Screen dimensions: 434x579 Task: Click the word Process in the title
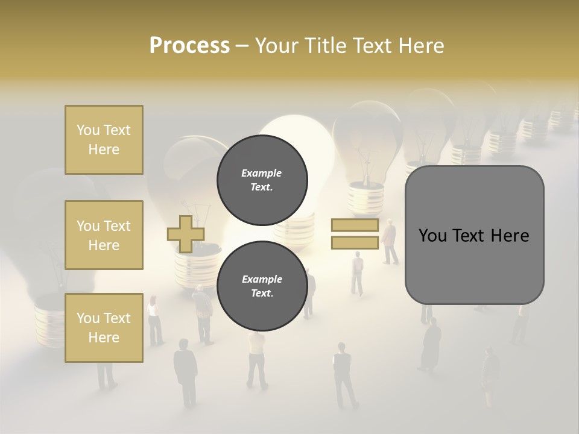pyautogui.click(x=189, y=46)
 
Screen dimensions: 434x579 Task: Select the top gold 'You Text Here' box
pyautogui.click(x=104, y=140)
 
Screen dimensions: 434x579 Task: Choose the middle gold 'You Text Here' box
pyautogui.click(x=104, y=235)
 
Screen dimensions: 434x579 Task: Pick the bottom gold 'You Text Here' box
pyautogui.click(x=104, y=328)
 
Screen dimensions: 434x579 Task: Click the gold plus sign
pyautogui.click(x=185, y=234)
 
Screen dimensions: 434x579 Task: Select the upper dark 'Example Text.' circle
pyautogui.click(x=262, y=180)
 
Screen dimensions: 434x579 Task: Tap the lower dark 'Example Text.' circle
pyautogui.click(x=262, y=286)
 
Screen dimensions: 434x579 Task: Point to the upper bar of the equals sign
pyautogui.click(x=355, y=225)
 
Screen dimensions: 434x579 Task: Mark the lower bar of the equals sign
pyautogui.click(x=355, y=242)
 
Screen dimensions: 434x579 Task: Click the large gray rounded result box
pyautogui.click(x=474, y=235)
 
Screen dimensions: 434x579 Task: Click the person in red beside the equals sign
pyautogui.click(x=390, y=241)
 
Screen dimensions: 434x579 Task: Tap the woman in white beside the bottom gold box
pyautogui.click(x=155, y=319)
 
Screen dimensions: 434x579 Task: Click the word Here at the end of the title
pyautogui.click(x=420, y=46)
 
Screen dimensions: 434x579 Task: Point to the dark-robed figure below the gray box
pyautogui.click(x=431, y=344)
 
